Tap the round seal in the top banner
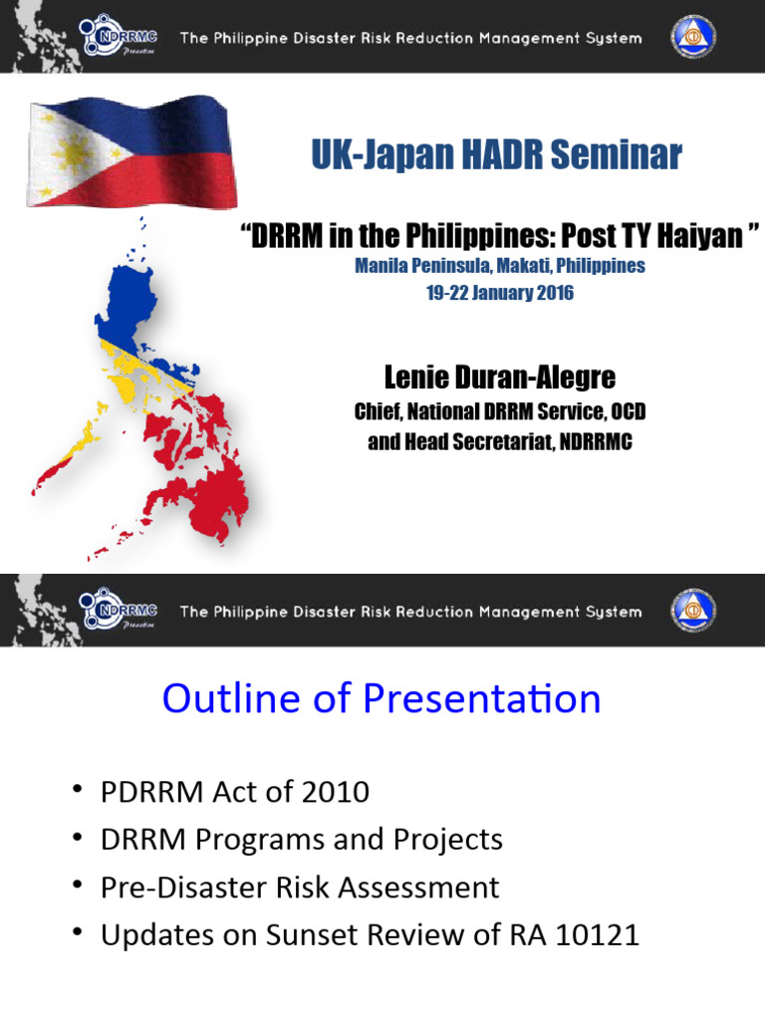coord(693,37)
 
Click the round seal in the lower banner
coord(693,610)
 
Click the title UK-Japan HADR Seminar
coord(496,155)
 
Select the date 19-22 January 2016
coord(500,294)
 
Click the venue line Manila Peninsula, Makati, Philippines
coord(500,266)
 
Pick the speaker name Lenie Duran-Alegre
coord(500,378)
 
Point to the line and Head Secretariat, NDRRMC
coord(500,441)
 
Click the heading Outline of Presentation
coord(382,698)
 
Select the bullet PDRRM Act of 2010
coord(235,792)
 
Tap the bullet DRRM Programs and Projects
coord(302,840)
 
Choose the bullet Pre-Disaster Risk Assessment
coord(300,888)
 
